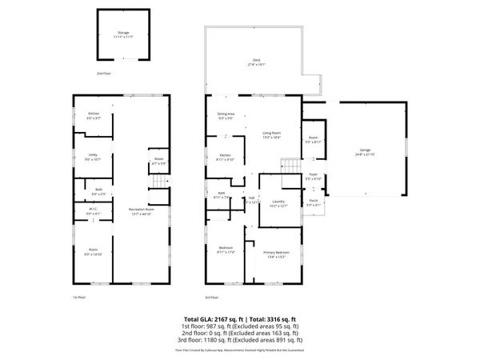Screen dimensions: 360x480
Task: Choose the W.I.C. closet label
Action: [x=93, y=212]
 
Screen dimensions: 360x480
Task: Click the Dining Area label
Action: [x=226, y=117]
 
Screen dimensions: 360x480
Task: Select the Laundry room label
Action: [x=278, y=203]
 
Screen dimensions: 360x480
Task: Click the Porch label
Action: [x=314, y=203]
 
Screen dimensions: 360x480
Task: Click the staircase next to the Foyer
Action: [x=289, y=167]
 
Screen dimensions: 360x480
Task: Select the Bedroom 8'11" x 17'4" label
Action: [x=226, y=250]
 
